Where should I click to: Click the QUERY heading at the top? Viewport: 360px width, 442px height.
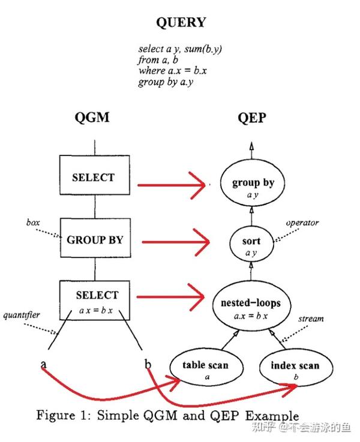point(181,23)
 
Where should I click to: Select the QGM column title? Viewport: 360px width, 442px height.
point(92,118)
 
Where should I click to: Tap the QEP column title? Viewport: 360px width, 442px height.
point(252,118)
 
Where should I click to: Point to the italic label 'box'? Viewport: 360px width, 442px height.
point(33,222)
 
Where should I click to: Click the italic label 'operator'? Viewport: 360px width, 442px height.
point(302,223)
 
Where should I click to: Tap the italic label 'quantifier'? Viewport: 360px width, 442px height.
point(22,315)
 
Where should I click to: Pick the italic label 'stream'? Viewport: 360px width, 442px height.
point(311,319)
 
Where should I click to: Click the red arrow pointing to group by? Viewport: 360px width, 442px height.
point(172,185)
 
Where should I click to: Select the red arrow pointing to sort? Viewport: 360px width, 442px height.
point(176,242)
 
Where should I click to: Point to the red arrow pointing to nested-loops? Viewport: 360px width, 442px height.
point(170,297)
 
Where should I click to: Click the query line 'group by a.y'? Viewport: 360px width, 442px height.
point(166,82)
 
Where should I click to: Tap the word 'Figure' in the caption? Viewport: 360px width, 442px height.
point(56,416)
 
